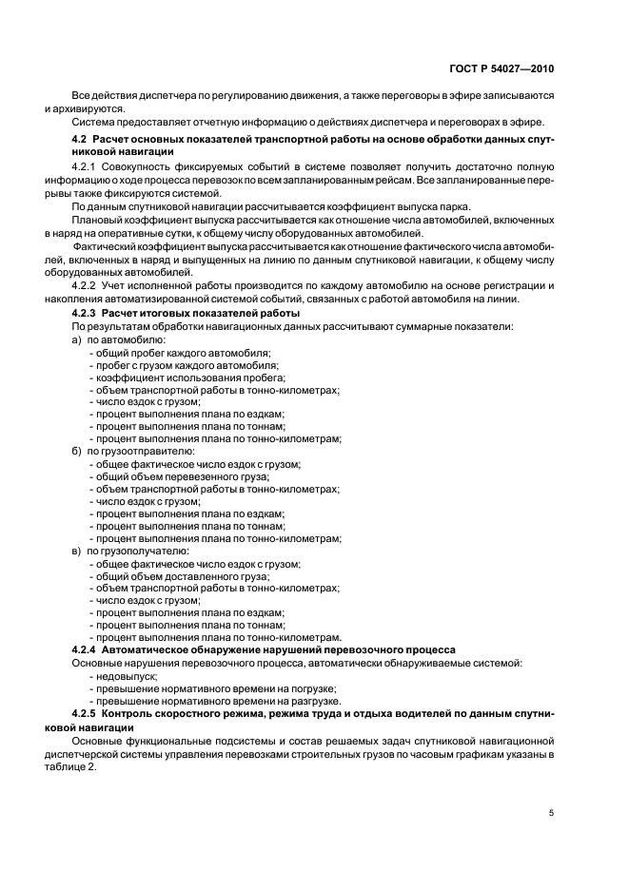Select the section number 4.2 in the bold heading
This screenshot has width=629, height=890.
click(x=80, y=141)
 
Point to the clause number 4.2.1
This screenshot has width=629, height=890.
click(x=86, y=166)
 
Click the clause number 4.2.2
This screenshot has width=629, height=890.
click(x=86, y=285)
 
